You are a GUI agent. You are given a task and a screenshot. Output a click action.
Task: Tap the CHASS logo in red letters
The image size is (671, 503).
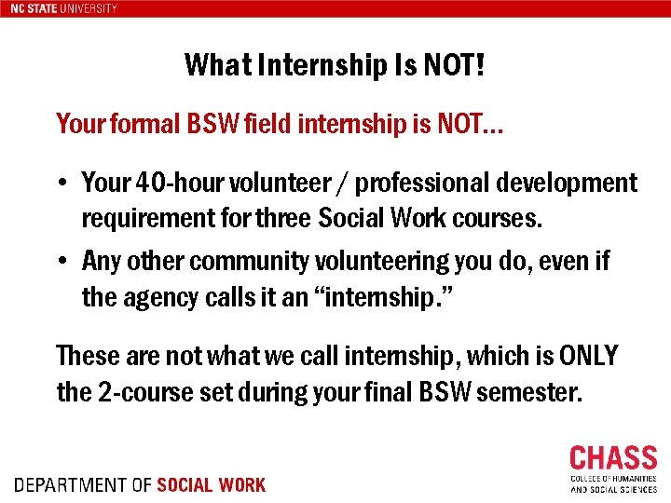(x=612, y=458)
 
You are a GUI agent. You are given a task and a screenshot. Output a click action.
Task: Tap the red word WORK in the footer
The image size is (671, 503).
(x=240, y=485)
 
